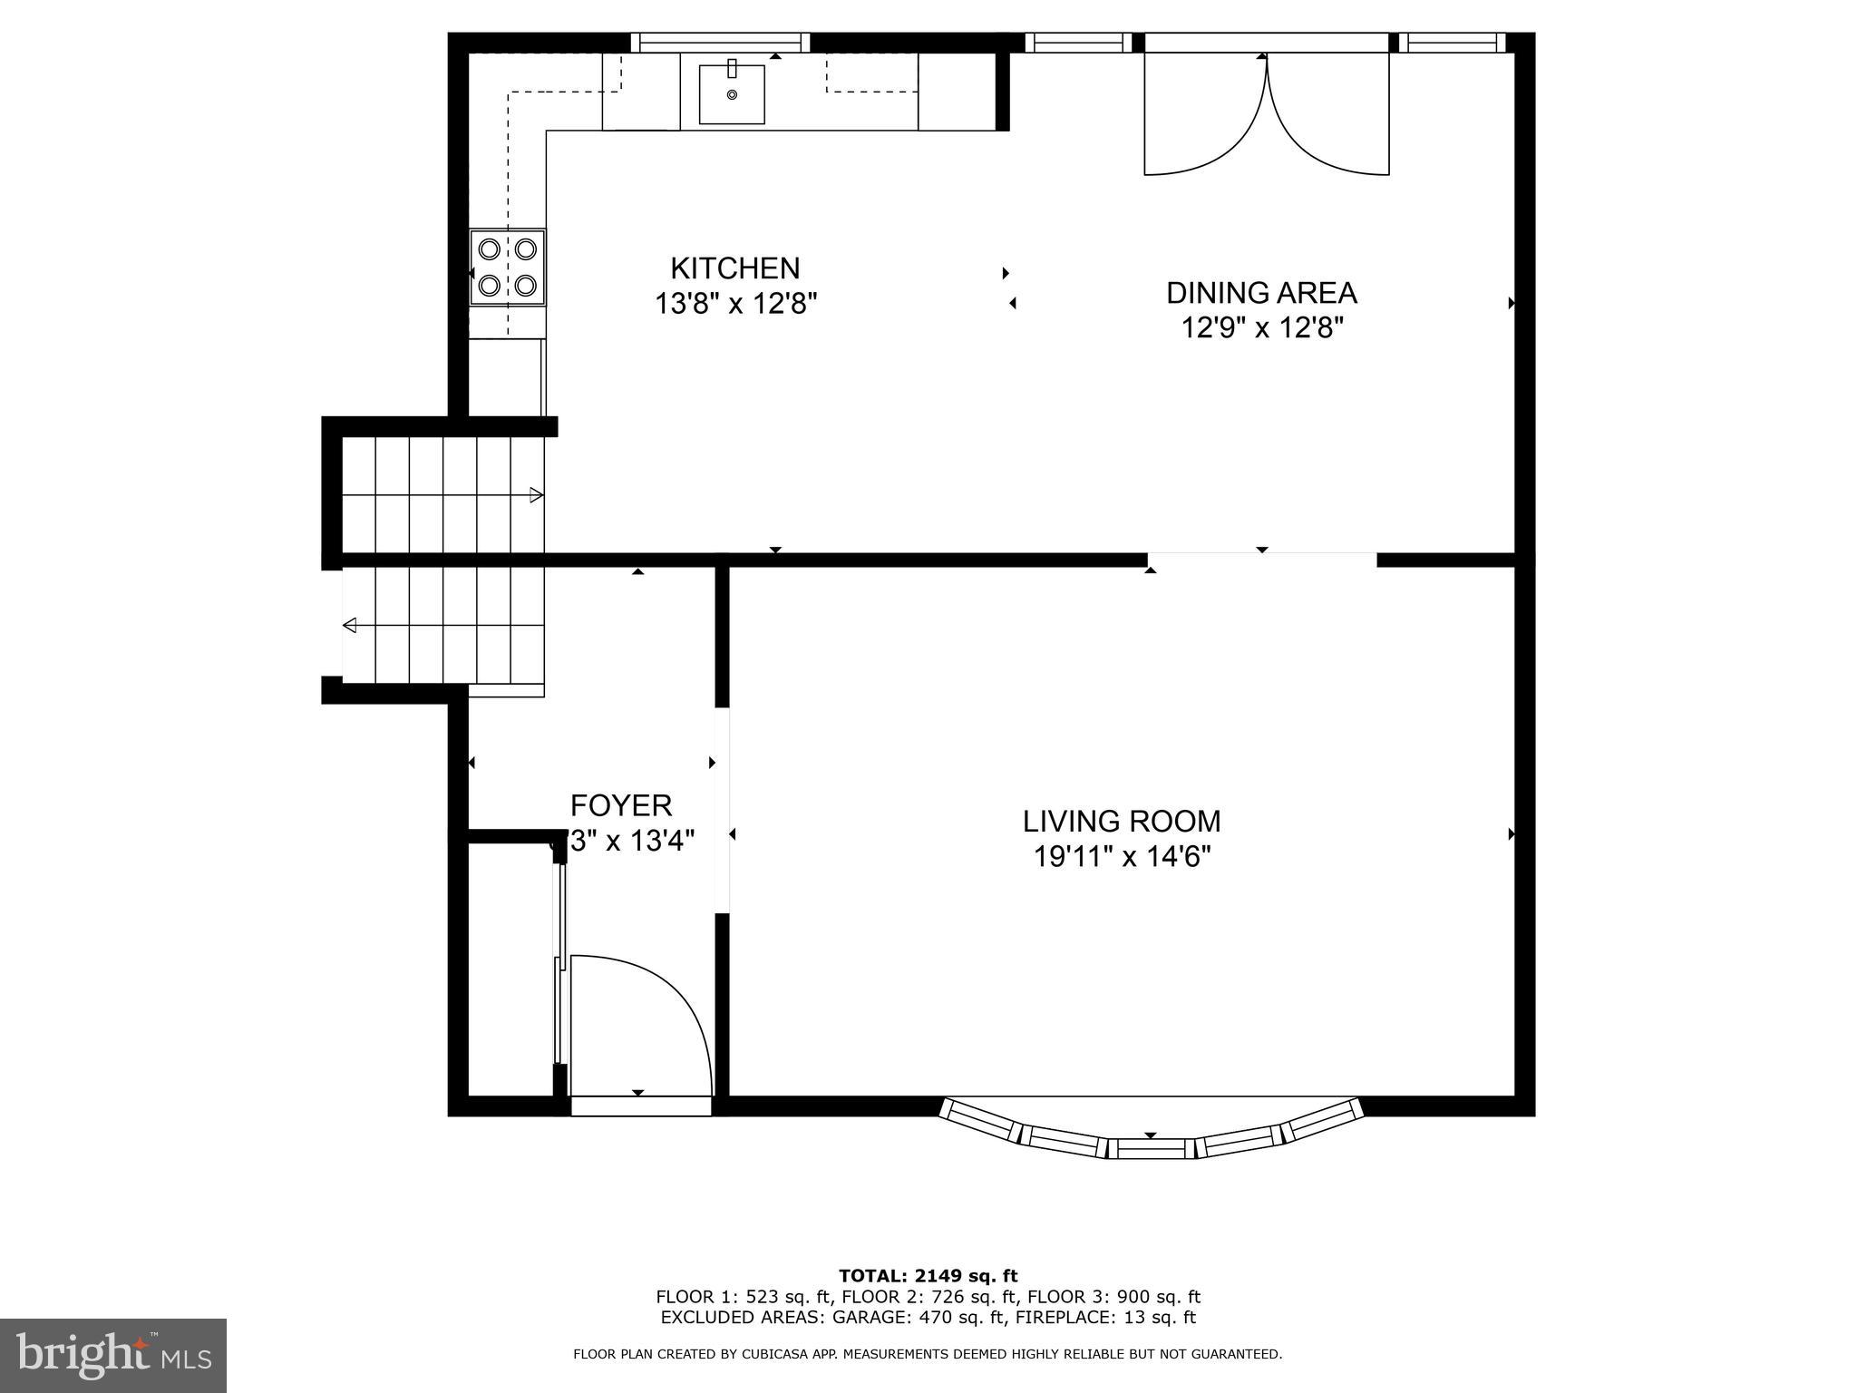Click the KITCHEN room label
click(x=734, y=268)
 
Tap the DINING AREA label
click(x=1260, y=293)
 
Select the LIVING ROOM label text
click(x=1122, y=822)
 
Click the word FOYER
click(x=621, y=805)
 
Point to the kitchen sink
click(x=731, y=93)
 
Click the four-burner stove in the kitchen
click(x=508, y=268)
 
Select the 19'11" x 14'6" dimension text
click(x=1122, y=856)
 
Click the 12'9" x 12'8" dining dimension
click(x=1260, y=327)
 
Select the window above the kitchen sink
click(x=720, y=43)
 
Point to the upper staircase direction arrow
click(x=536, y=495)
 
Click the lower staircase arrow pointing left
click(x=350, y=626)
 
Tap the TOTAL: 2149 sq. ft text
click(x=928, y=1276)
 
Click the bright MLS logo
click(x=113, y=1355)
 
